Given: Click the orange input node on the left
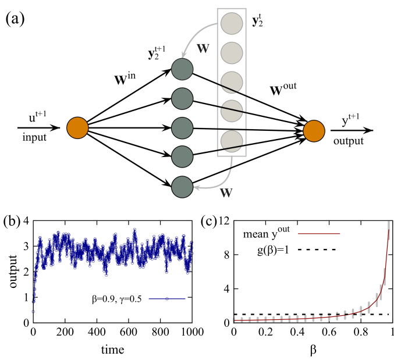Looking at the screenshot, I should [77, 128].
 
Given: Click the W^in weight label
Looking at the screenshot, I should [132, 75].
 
